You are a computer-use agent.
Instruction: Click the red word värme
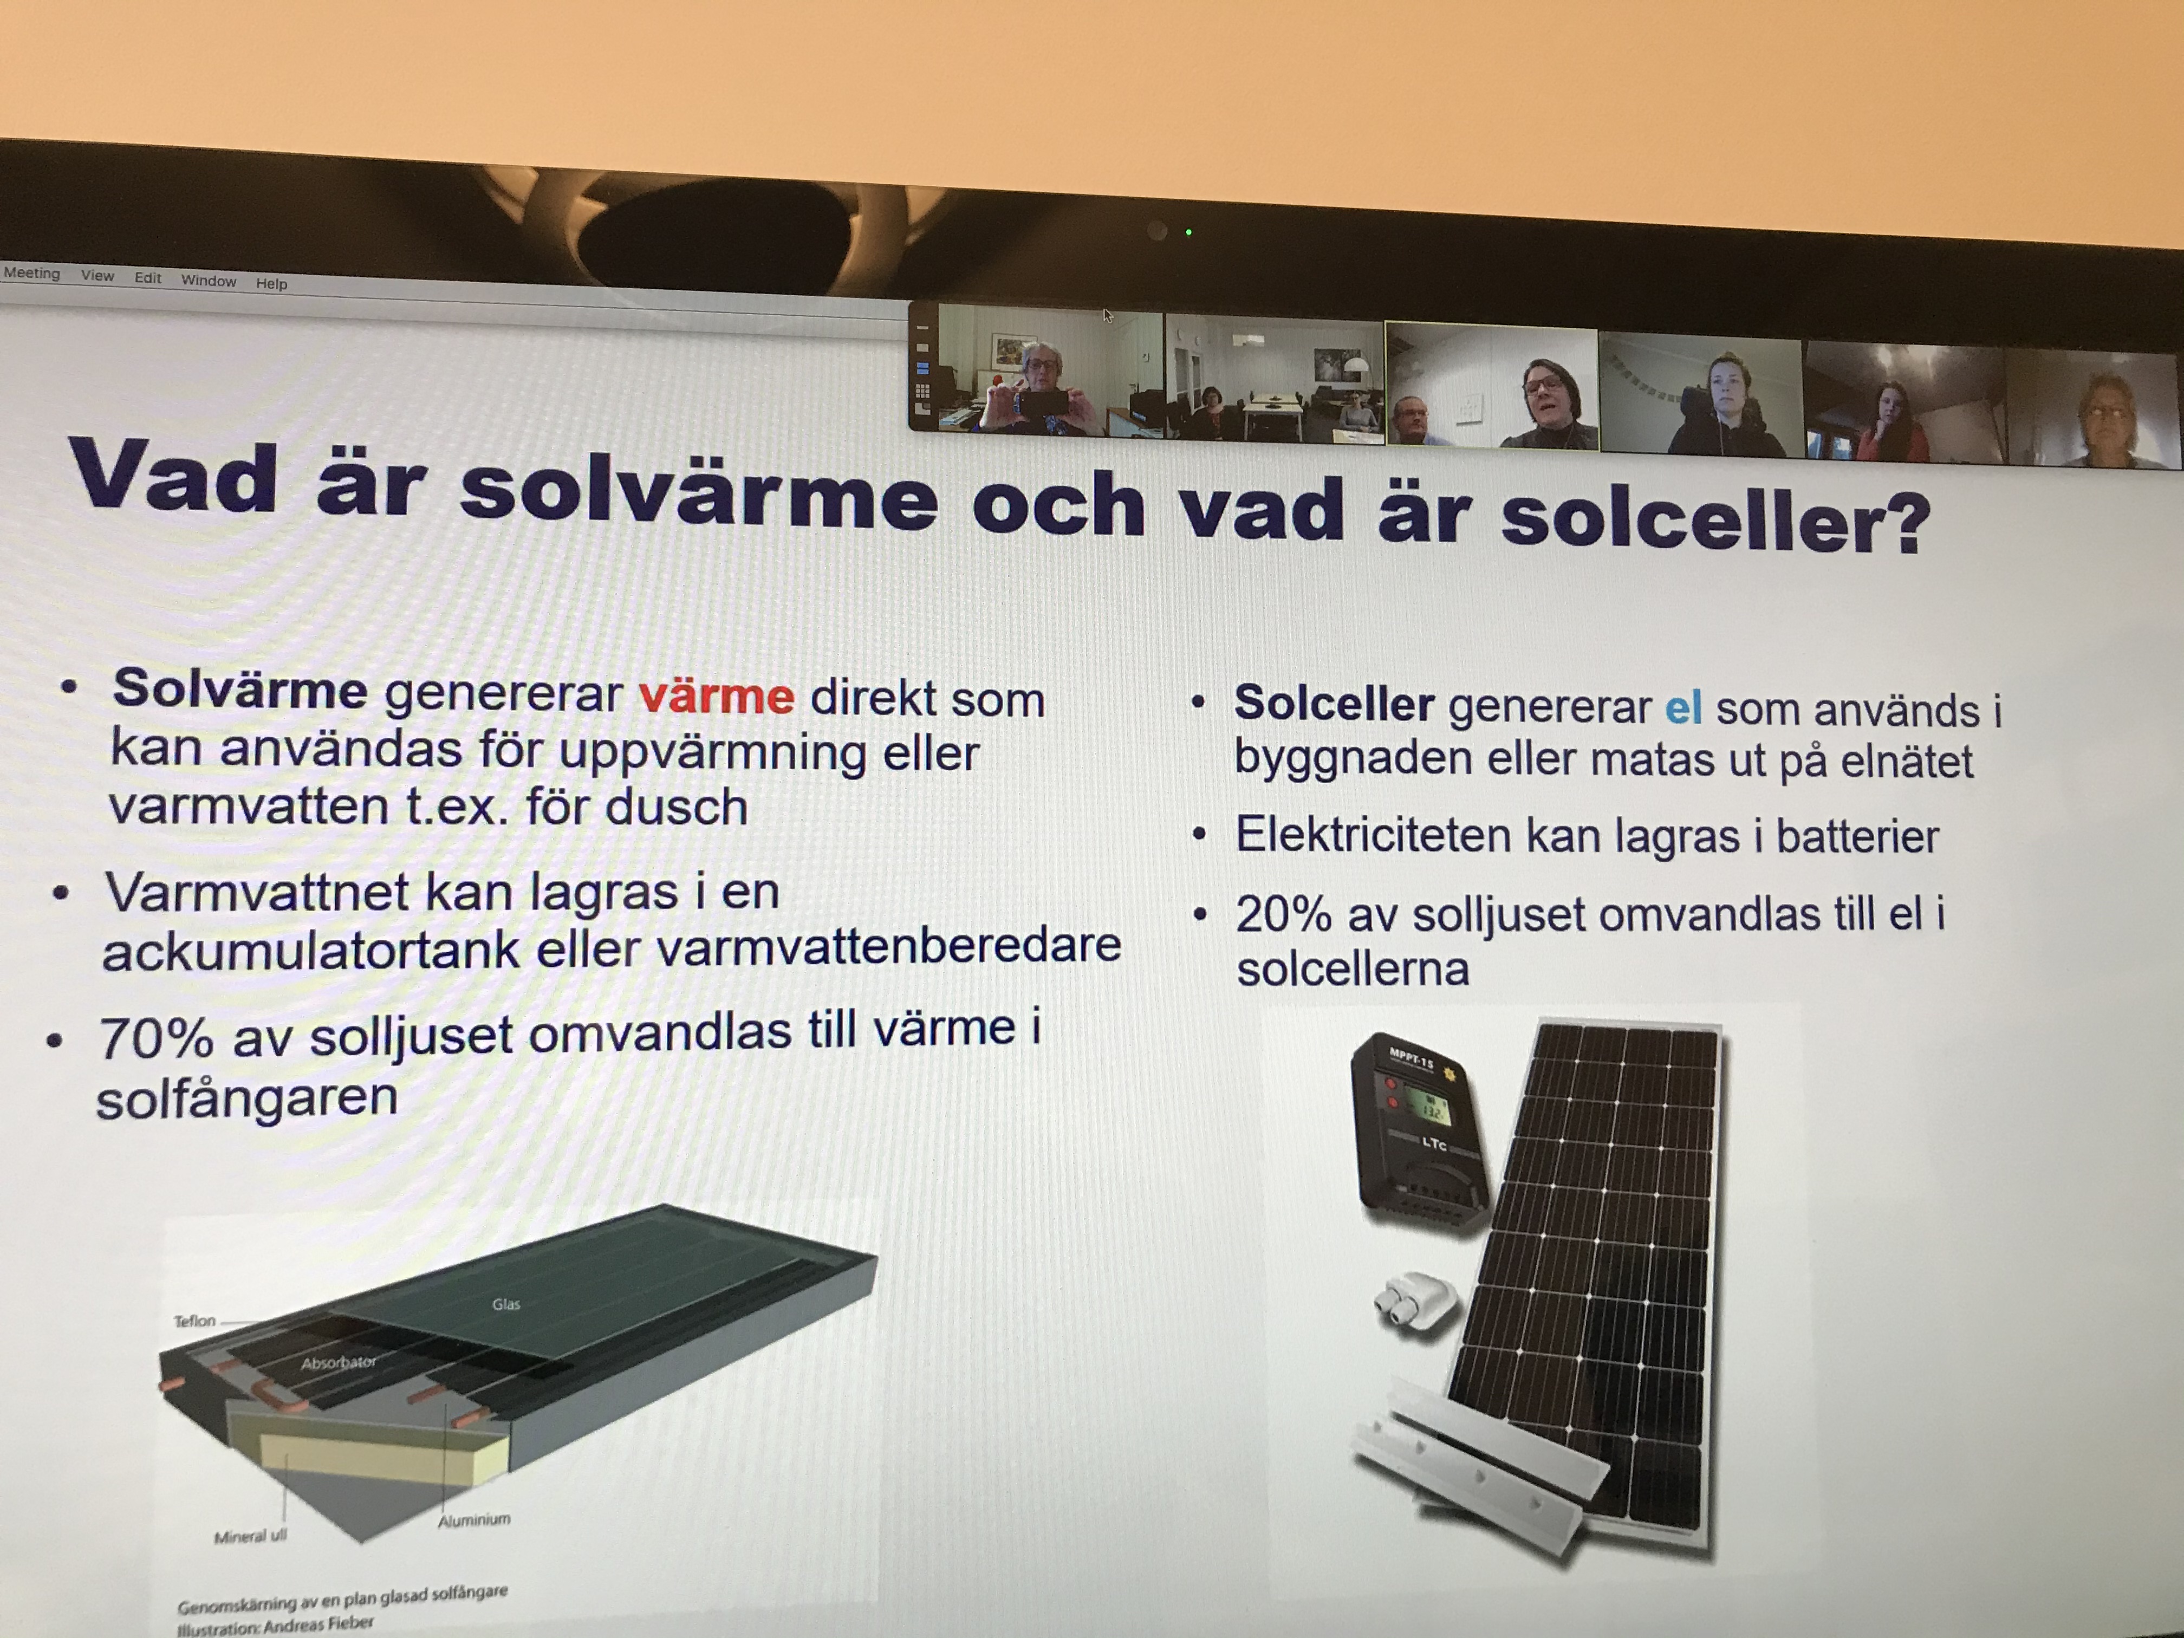click(716, 696)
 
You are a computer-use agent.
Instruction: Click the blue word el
click(1683, 708)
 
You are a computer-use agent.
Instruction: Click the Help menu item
click(271, 283)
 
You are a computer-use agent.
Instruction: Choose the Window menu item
click(209, 281)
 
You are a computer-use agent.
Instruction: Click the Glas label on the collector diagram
click(505, 1304)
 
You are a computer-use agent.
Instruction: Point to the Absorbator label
click(339, 1362)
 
